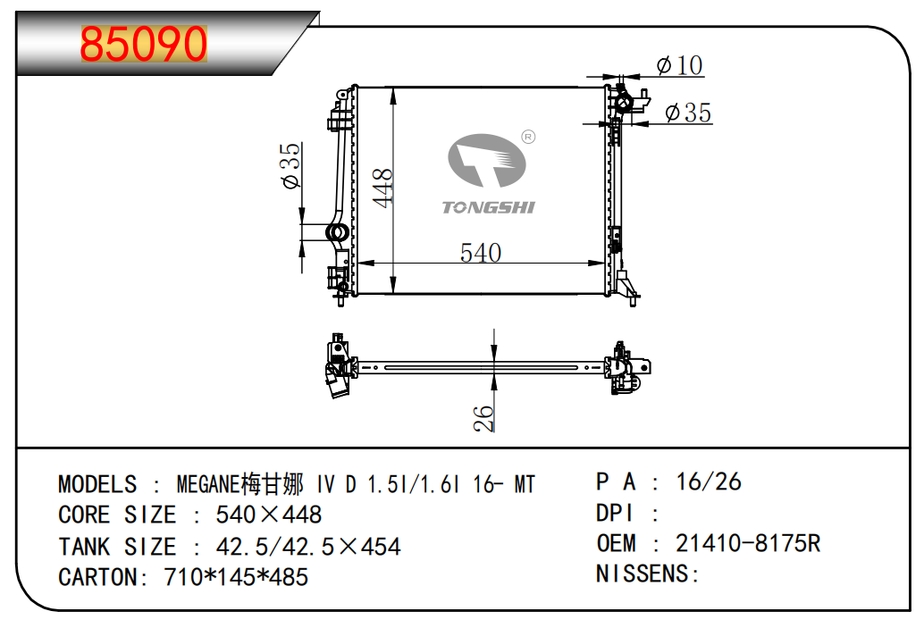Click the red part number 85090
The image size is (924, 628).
click(x=144, y=44)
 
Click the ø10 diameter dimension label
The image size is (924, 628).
click(x=679, y=65)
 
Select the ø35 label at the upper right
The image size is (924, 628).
click(x=688, y=112)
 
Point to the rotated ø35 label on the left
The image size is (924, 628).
click(x=291, y=165)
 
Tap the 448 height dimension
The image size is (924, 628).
click(x=383, y=188)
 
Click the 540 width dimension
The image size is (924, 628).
click(x=480, y=253)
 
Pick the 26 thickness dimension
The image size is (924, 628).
click(x=483, y=418)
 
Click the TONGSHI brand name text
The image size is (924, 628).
click(x=489, y=207)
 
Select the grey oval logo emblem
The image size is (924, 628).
click(x=487, y=160)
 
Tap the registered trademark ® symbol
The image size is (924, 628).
click(x=529, y=138)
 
